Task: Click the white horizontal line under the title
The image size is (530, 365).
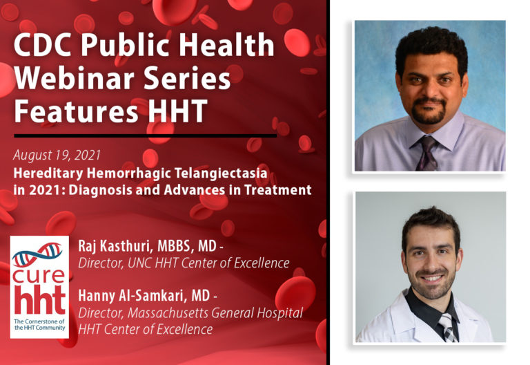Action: (145, 135)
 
